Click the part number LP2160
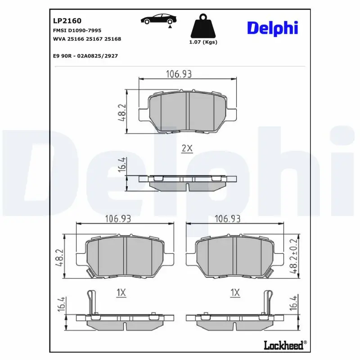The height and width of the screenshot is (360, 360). [67, 21]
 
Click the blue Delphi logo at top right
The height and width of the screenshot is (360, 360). [272, 27]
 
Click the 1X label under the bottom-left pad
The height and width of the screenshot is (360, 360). [121, 293]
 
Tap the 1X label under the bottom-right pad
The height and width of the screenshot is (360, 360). [235, 293]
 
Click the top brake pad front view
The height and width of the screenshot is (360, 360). [188, 112]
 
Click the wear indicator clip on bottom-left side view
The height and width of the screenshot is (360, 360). [92, 302]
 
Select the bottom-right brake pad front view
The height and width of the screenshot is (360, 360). [234, 256]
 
